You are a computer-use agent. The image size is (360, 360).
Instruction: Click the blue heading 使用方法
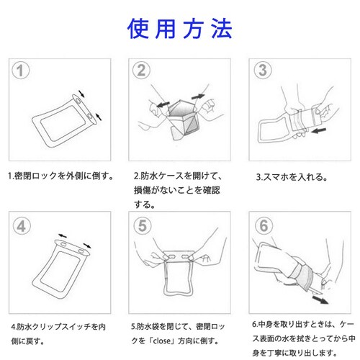[x=180, y=29]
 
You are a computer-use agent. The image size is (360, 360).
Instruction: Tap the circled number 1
[x=21, y=71]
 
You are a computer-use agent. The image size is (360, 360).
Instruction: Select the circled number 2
[x=141, y=70]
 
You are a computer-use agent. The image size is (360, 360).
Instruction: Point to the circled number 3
[x=263, y=70]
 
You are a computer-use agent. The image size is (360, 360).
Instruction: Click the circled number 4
[x=22, y=226]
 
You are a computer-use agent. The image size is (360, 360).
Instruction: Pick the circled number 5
[x=143, y=225]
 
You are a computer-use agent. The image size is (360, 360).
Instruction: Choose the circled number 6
[x=264, y=225]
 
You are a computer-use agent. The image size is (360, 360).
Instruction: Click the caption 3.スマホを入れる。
[x=292, y=177]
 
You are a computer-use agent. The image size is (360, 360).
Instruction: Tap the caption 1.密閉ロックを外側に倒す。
[x=60, y=176]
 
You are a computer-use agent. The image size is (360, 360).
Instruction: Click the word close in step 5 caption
[x=161, y=341]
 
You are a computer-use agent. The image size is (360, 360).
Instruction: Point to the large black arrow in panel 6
[x=320, y=300]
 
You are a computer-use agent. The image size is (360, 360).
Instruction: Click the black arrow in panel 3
[x=318, y=130]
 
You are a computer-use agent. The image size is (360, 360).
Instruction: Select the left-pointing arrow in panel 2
[x=163, y=104]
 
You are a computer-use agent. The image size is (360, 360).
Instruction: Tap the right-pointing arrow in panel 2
[x=198, y=96]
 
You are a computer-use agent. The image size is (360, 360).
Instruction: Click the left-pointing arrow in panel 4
[x=63, y=235]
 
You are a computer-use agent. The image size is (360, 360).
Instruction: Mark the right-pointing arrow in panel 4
[x=87, y=246]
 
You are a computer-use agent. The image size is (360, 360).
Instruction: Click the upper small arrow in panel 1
[x=82, y=94]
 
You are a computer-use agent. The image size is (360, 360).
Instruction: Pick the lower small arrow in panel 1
[x=99, y=117]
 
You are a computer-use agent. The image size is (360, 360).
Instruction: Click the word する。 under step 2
[x=145, y=204]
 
